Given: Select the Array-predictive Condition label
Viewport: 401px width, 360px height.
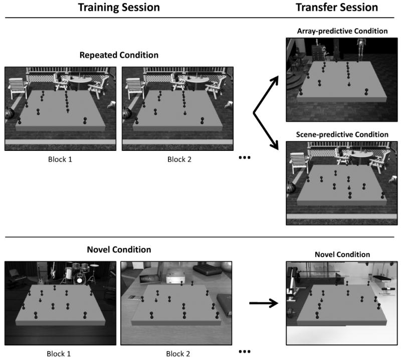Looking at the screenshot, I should [x=342, y=31].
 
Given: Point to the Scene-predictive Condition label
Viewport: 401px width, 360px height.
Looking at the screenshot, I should [x=342, y=134].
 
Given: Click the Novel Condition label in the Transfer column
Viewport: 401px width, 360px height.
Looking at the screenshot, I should [x=342, y=255].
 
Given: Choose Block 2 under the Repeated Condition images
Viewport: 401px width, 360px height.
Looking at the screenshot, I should [x=175, y=160].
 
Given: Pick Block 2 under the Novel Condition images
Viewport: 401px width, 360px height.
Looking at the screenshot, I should [x=175, y=353].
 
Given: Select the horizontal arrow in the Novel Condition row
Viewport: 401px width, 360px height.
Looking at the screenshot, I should [x=264, y=303].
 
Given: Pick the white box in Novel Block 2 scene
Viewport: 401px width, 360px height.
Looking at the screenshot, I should [x=173, y=277].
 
